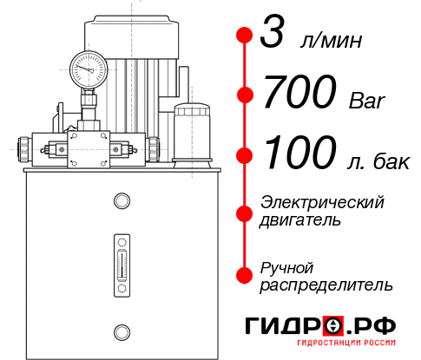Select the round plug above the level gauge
(x=121, y=202)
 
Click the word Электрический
(x=322, y=202)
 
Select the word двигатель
(x=300, y=220)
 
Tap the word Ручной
(x=287, y=266)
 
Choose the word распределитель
(x=326, y=285)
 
